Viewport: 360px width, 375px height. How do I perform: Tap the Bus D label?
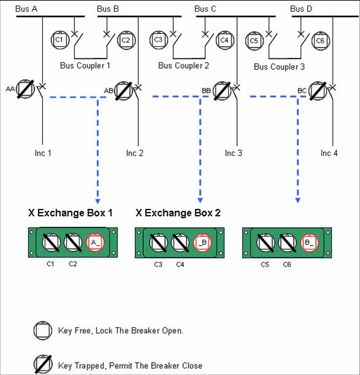click(302, 9)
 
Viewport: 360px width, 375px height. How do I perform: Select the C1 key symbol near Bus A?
click(59, 40)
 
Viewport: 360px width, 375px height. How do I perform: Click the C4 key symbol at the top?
click(224, 40)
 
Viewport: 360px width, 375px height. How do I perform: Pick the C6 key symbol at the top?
click(319, 40)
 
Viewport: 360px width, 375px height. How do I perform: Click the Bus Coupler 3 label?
click(279, 66)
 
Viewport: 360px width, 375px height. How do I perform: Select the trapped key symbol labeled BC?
click(317, 90)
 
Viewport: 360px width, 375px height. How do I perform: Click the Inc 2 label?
click(135, 153)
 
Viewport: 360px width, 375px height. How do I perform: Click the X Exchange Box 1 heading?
click(70, 213)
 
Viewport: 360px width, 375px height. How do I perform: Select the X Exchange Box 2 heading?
click(178, 213)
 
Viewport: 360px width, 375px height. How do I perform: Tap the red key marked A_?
click(95, 243)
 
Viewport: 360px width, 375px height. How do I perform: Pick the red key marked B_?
click(309, 243)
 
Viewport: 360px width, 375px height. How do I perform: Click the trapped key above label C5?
click(265, 243)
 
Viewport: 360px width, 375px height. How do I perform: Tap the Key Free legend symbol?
click(42, 331)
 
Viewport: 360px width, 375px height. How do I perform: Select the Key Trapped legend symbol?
click(42, 365)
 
